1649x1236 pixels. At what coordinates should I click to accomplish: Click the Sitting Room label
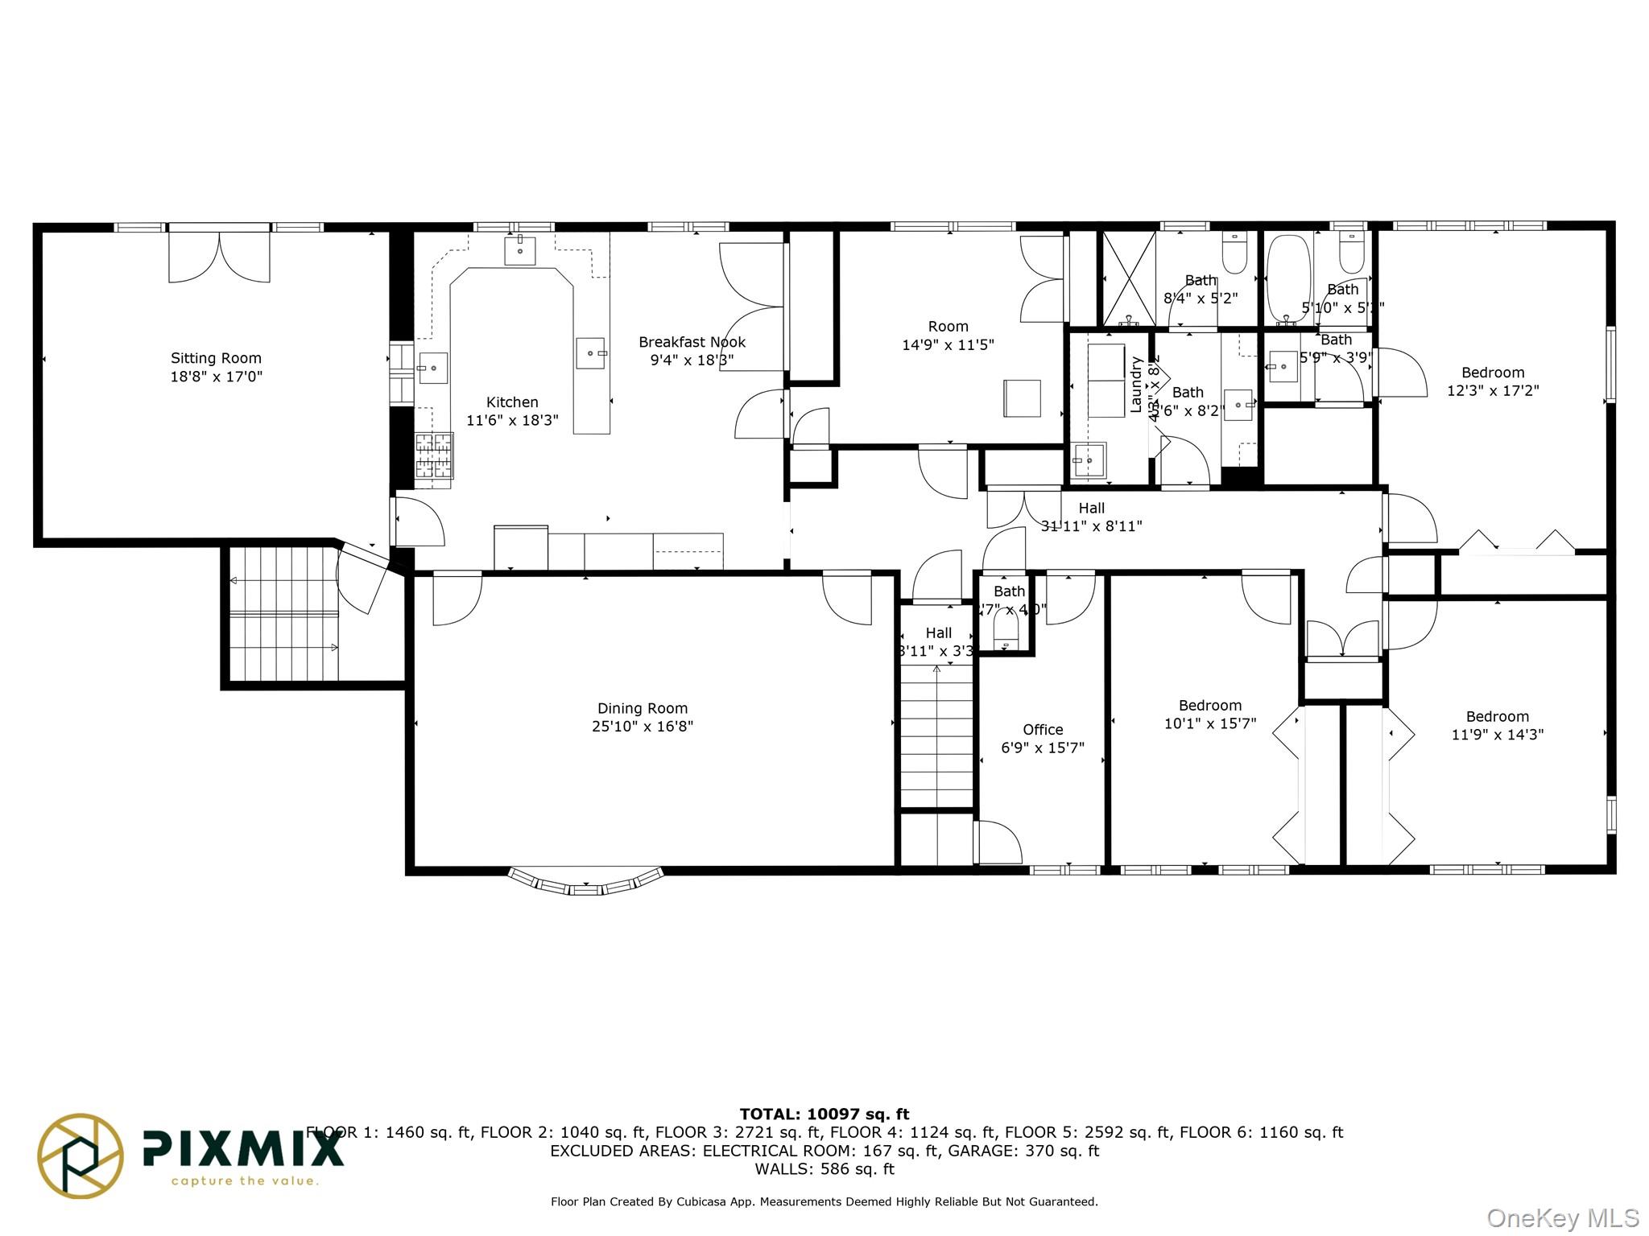216,358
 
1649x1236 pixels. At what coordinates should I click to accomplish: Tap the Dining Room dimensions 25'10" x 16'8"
642,727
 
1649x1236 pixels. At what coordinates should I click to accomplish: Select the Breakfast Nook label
692,342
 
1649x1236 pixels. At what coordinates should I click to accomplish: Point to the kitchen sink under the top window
520,250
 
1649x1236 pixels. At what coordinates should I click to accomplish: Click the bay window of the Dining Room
586,882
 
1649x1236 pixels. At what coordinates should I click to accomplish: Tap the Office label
1042,730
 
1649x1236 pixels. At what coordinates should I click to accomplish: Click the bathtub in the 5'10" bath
1288,278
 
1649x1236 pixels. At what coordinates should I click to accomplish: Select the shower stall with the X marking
1128,278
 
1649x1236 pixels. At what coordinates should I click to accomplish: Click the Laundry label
1136,385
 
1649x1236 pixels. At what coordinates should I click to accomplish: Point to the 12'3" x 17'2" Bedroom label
1492,373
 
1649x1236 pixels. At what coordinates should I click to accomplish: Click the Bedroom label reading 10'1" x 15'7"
1209,706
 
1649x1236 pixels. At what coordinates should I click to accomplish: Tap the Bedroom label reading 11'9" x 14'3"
1497,717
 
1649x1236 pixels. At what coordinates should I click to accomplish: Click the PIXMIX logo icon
81,1156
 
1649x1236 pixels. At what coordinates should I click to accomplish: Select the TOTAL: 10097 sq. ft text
824,1114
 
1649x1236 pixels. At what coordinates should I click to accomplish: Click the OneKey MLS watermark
1562,1218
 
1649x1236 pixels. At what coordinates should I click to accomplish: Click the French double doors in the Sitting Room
219,256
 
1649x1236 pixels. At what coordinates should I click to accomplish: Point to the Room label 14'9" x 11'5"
948,327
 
